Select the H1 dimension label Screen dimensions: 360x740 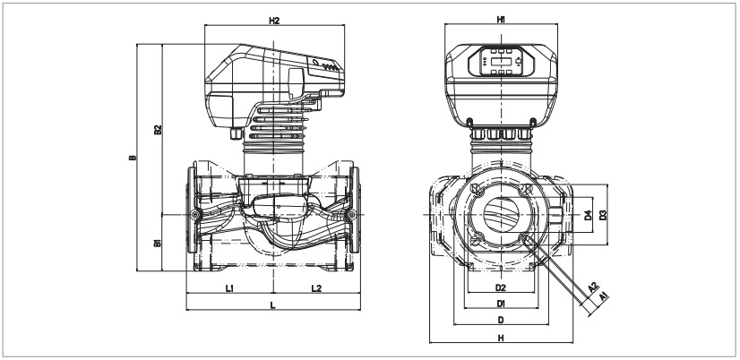point(502,20)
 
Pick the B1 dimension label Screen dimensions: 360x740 point(157,243)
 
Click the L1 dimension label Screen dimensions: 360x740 point(229,288)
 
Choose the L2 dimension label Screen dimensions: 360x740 point(316,288)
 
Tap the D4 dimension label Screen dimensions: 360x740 point(588,215)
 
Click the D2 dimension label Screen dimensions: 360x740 point(501,288)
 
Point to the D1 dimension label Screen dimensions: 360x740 point(501,304)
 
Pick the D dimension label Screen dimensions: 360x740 point(501,320)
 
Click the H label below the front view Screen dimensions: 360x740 point(501,338)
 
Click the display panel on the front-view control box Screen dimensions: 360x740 point(501,61)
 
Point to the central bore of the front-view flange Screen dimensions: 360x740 point(501,215)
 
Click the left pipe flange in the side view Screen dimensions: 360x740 point(192,216)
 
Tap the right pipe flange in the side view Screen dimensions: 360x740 point(356,216)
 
